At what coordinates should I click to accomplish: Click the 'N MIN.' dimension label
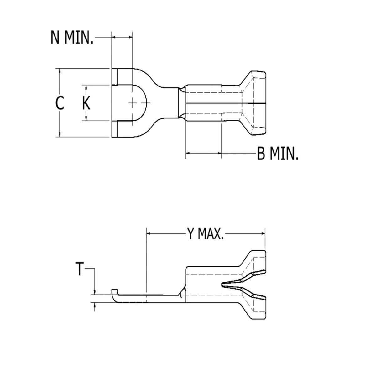point(72,37)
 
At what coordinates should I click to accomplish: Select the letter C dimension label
point(60,103)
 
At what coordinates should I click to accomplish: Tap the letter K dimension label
point(86,103)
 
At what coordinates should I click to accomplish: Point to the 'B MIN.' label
point(278,154)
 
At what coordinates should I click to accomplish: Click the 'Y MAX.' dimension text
point(206,234)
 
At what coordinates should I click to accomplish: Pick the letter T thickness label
point(80,269)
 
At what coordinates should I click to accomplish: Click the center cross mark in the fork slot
point(133,103)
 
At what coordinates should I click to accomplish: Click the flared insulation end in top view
point(255,103)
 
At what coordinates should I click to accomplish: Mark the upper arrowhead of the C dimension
point(60,70)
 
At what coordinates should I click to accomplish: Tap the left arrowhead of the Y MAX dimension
point(149,234)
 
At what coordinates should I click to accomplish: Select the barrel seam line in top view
point(213,102)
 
